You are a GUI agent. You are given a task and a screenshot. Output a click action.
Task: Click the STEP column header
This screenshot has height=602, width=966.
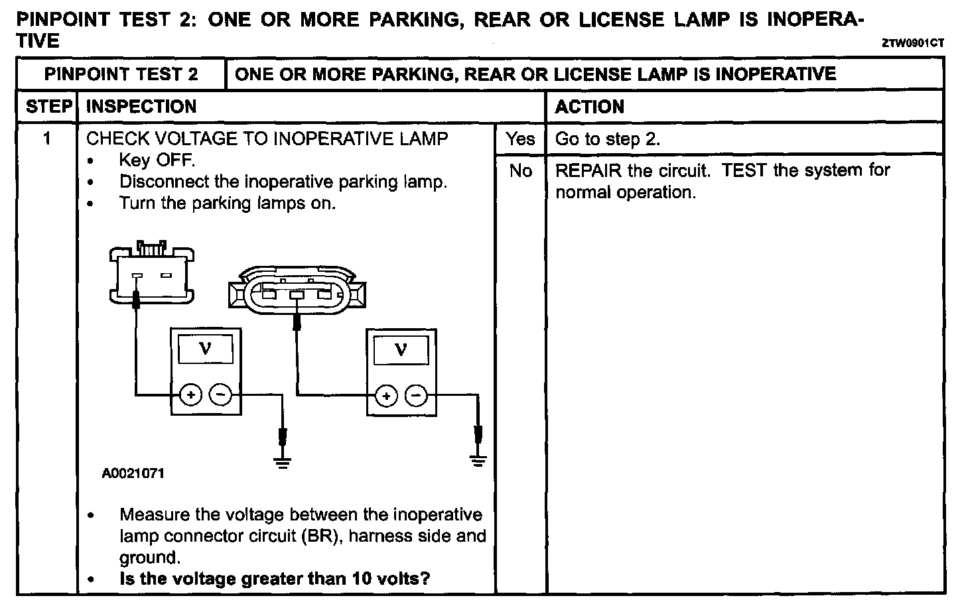pyautogui.click(x=48, y=107)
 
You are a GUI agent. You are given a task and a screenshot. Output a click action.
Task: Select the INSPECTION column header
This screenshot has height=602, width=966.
pyautogui.click(x=141, y=107)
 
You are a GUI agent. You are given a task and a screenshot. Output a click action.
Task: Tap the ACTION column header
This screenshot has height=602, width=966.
pyautogui.click(x=589, y=107)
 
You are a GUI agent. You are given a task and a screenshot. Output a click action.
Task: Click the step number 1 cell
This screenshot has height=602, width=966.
pyautogui.click(x=47, y=139)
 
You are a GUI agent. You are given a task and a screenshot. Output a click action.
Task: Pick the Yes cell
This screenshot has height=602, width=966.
pyautogui.click(x=520, y=139)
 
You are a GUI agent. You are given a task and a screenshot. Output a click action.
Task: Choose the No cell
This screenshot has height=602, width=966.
pyautogui.click(x=521, y=171)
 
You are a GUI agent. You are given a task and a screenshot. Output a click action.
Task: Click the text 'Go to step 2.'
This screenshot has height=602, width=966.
pyautogui.click(x=607, y=139)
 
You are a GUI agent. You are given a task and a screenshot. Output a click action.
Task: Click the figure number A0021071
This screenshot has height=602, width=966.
pyautogui.click(x=133, y=473)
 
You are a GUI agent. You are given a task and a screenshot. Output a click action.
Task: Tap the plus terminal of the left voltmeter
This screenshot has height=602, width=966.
pyautogui.click(x=190, y=395)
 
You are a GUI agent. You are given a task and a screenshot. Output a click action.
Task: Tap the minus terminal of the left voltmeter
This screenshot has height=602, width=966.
pyautogui.click(x=220, y=395)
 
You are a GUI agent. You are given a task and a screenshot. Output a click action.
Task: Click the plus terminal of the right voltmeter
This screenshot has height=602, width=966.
pyautogui.click(x=385, y=396)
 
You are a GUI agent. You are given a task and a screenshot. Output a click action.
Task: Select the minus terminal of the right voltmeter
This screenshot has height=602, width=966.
pyautogui.click(x=416, y=396)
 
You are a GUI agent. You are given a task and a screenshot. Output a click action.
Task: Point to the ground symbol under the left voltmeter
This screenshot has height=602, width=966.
pyautogui.click(x=283, y=462)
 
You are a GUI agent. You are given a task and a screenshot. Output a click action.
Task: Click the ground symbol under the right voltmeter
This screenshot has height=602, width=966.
pyautogui.click(x=478, y=459)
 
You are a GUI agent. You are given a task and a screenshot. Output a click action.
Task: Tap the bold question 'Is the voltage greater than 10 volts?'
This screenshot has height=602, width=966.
pyautogui.click(x=274, y=579)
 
